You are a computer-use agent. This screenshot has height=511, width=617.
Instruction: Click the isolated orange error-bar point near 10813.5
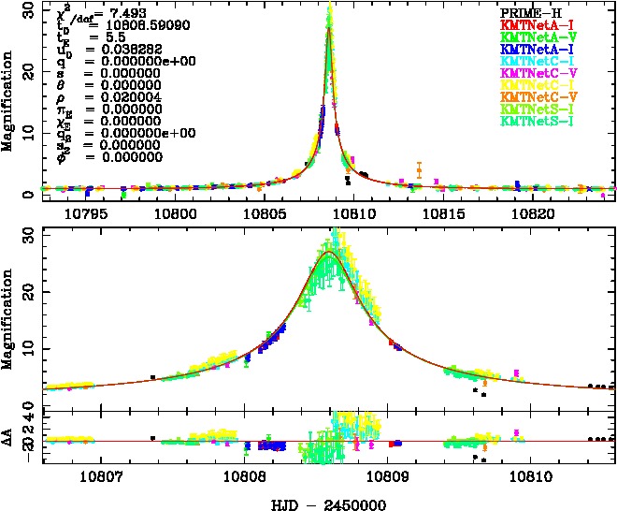click(419, 171)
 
